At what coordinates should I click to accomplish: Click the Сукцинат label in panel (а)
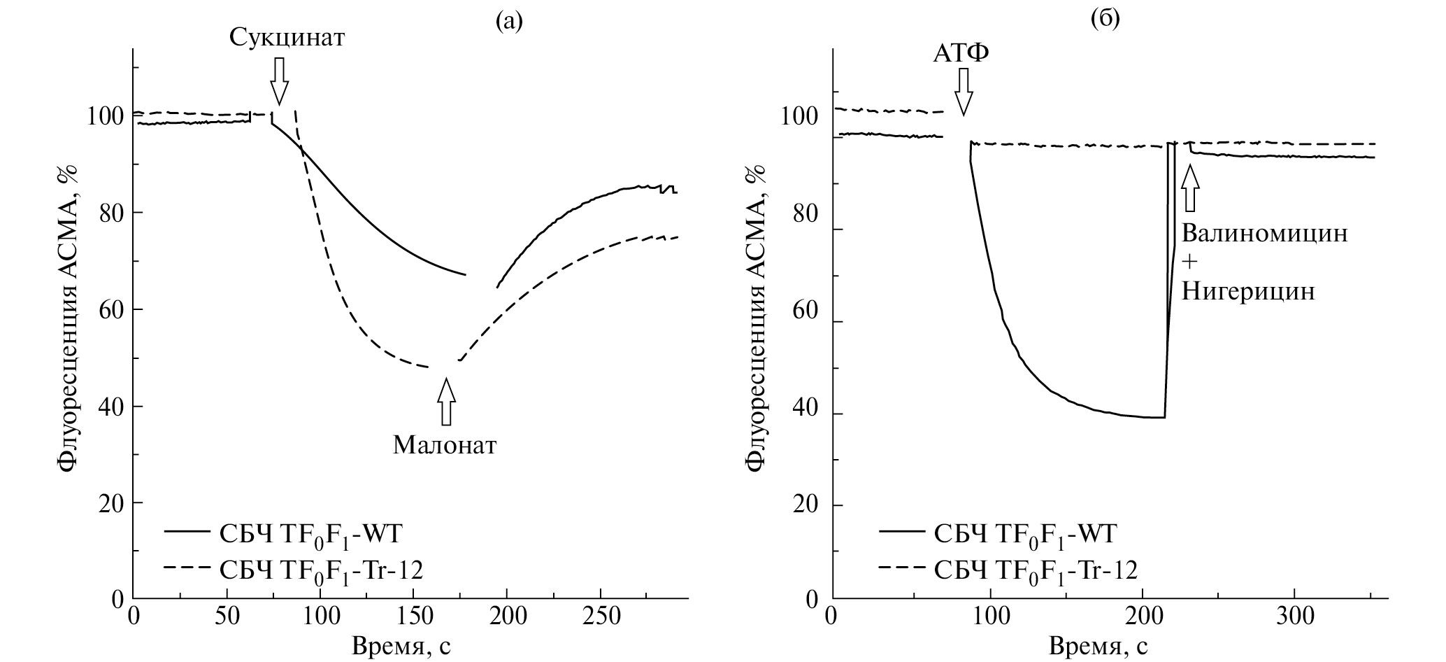point(287,38)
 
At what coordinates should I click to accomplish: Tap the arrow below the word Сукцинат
point(280,80)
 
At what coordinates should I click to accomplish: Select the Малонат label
point(445,445)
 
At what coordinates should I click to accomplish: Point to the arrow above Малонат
point(446,402)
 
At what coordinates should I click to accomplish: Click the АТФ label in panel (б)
point(962,53)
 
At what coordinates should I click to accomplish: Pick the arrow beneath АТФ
point(964,91)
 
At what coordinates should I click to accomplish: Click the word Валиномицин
point(1264,233)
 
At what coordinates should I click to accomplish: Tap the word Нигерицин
point(1248,291)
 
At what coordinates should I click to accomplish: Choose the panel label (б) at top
point(1105,20)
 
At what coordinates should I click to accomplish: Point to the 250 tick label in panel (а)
point(601,617)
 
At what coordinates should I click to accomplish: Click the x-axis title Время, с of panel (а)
point(401,645)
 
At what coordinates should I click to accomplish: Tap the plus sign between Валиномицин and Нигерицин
point(1189,262)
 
